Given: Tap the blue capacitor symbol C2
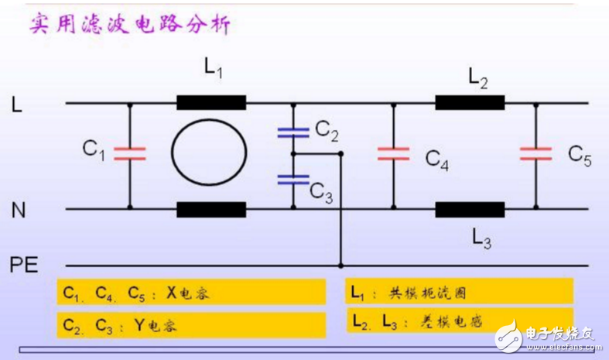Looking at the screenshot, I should click(293, 132).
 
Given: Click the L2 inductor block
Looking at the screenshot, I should click(470, 103).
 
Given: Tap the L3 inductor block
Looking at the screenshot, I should click(470, 209).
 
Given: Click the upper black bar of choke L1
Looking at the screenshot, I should click(211, 103).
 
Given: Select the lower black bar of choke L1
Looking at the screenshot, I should click(211, 209).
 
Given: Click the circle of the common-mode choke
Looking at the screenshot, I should click(209, 155).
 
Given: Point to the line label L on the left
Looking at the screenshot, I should click(16, 105).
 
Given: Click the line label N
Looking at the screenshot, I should click(17, 209).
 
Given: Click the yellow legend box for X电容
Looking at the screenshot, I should click(190, 293).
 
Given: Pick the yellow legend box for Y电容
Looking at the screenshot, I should click(190, 324).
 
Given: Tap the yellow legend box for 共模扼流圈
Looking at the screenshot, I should click(458, 292).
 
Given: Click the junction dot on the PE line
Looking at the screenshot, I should click(340, 266).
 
